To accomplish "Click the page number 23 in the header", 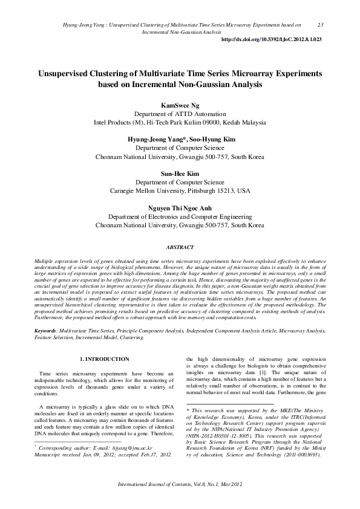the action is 320,25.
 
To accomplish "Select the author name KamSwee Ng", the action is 180,105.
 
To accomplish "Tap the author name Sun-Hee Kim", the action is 180,173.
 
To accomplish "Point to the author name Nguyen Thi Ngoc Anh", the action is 180,208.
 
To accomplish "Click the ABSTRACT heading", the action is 180,247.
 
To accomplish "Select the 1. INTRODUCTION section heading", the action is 104,360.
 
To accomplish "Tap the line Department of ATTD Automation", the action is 180,113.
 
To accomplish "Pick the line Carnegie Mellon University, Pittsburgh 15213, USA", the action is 180,190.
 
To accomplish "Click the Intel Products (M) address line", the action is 180,122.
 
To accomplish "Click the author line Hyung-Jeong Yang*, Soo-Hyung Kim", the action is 180,139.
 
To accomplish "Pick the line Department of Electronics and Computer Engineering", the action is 180,216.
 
